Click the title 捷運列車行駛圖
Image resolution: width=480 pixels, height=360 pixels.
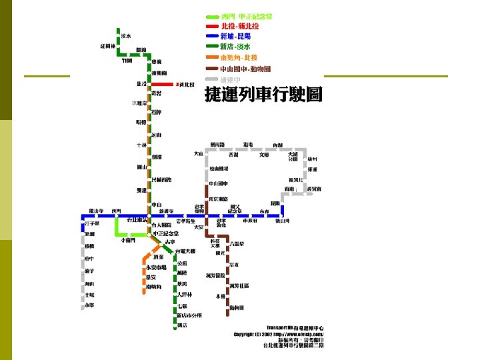pyautogui.click(x=263, y=95)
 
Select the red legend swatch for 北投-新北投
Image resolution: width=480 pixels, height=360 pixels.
pyautogui.click(x=213, y=26)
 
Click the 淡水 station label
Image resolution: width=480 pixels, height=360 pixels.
pyautogui.click(x=126, y=36)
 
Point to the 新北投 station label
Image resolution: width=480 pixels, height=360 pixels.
pyautogui.click(x=186, y=85)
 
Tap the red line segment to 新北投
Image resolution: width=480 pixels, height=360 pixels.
pyautogui.click(x=163, y=85)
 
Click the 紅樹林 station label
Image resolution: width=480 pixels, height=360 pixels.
pyautogui.click(x=107, y=47)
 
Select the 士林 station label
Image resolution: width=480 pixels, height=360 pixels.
pyautogui.click(x=141, y=145)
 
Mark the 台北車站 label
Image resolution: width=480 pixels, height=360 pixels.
pyautogui.click(x=137, y=220)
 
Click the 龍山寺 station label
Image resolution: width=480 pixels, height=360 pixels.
pyautogui.click(x=96, y=211)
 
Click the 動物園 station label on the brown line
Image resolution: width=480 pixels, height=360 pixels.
pyautogui.click(x=237, y=308)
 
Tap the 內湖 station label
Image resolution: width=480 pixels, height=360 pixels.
pyautogui.click(x=277, y=145)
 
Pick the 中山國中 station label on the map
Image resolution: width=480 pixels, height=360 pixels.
pyautogui.click(x=219, y=183)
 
